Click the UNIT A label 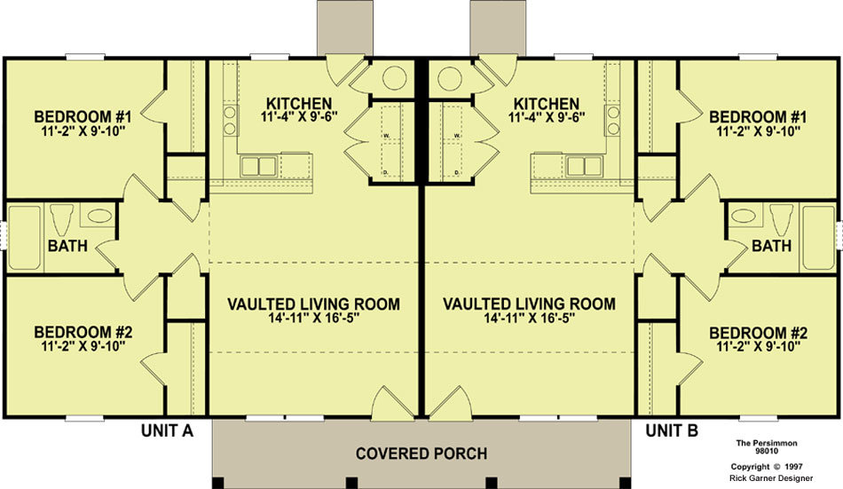[167, 430]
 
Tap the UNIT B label [672, 430]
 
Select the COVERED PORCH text [421, 454]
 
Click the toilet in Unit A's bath [61, 218]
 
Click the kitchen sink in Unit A [258, 166]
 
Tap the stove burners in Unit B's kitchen [612, 120]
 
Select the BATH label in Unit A [67, 246]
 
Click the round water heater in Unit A [394, 78]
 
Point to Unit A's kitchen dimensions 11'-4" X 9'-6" [299, 117]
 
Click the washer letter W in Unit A [386, 136]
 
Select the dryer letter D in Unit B [456, 172]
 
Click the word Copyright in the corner [750, 467]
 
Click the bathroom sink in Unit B [744, 216]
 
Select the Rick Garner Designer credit [771, 477]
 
